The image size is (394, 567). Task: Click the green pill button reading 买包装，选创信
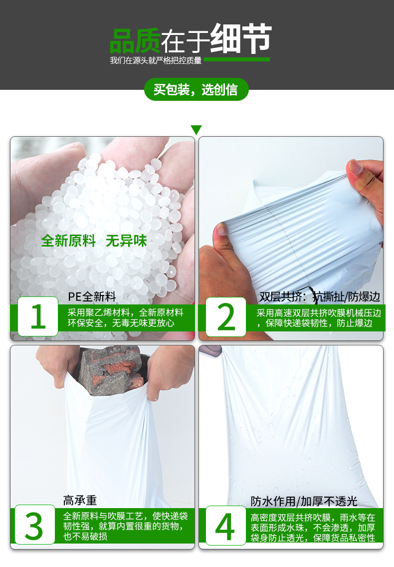click(x=196, y=90)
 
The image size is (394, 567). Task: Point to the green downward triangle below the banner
click(x=197, y=130)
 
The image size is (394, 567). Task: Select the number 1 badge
click(x=38, y=316)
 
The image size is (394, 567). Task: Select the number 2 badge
click(x=226, y=316)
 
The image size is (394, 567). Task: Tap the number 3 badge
click(x=34, y=524)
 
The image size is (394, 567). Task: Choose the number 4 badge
click(x=225, y=524)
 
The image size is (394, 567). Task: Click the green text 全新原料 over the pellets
click(x=68, y=241)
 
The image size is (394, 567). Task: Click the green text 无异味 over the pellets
click(x=126, y=241)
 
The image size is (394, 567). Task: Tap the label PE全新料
click(x=92, y=296)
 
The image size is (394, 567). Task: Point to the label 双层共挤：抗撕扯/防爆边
click(x=320, y=296)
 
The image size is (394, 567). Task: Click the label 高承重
click(x=80, y=500)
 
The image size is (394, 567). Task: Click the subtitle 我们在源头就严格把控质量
click(x=156, y=60)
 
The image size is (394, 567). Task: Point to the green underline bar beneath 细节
click(x=236, y=59)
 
